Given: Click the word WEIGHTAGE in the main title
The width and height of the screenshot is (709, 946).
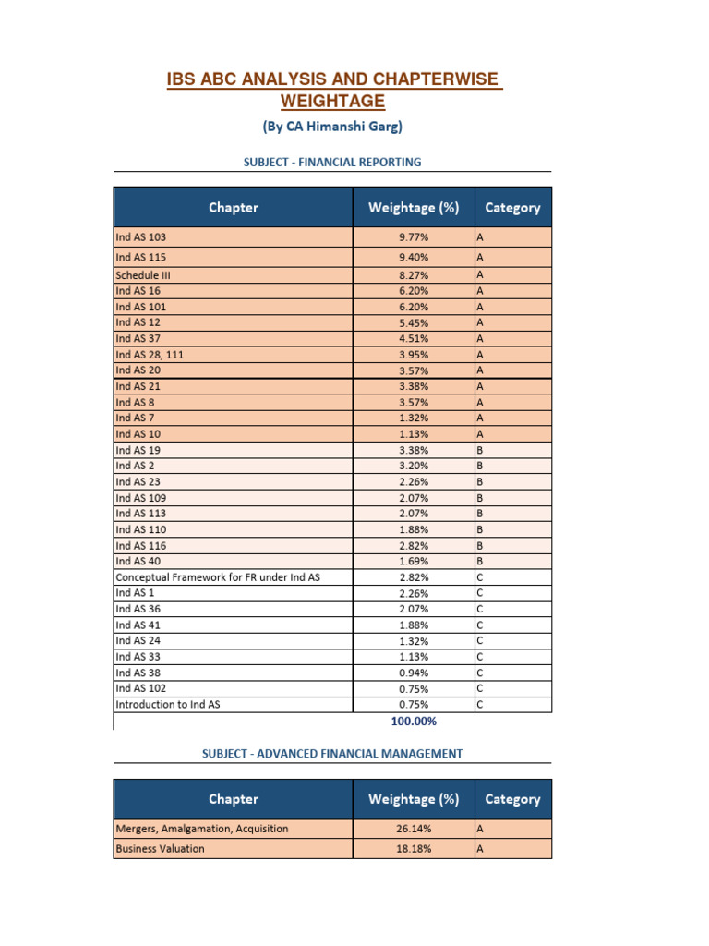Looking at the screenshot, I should [332, 100].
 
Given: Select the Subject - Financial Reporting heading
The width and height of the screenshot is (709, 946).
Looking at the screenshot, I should [332, 162].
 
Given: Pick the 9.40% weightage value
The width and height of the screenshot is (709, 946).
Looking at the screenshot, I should [414, 257].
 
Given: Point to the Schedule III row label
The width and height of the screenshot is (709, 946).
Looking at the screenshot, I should [143, 274].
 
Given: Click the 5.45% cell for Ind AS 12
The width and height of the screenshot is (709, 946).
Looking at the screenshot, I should [414, 322].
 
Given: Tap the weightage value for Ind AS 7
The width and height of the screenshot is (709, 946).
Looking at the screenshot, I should [414, 418].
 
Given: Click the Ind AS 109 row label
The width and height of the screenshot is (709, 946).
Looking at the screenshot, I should [141, 498].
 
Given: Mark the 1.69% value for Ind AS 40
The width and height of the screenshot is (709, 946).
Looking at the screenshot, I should [414, 561].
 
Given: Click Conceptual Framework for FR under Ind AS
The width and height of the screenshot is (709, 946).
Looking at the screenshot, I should [218, 577].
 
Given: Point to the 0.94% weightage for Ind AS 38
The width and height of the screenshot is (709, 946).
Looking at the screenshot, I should [414, 673].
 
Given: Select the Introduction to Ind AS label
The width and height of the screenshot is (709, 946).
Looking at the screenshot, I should [168, 704].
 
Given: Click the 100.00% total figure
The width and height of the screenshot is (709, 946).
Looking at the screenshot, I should [414, 722].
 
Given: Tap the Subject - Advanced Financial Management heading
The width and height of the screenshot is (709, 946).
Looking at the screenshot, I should [332, 753].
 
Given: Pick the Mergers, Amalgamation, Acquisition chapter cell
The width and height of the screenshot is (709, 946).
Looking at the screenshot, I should [201, 829].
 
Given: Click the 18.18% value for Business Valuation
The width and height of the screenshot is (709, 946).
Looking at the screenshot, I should [414, 848].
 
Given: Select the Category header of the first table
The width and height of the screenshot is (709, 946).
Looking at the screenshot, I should [512, 208].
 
